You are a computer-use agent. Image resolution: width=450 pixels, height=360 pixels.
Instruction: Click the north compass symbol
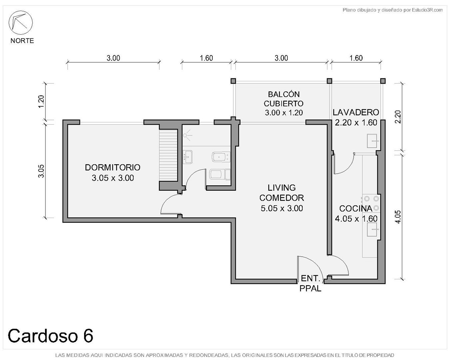click(20, 23)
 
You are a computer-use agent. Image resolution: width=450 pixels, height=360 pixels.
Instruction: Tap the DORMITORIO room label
click(113, 168)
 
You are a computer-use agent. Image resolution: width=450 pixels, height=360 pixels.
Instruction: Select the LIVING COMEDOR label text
click(281, 193)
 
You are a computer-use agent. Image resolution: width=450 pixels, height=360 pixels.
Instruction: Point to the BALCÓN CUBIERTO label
click(284, 99)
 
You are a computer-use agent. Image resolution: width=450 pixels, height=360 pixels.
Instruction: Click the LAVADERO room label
click(356, 113)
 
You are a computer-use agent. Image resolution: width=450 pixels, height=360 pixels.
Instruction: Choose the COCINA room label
click(356, 208)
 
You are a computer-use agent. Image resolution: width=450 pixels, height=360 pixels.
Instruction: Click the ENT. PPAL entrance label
click(310, 283)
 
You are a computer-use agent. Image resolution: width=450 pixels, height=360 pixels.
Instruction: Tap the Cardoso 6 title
click(50, 336)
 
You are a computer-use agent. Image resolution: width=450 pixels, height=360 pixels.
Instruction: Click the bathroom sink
click(188, 157)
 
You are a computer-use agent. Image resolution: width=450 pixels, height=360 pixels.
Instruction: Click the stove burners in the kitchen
click(371, 203)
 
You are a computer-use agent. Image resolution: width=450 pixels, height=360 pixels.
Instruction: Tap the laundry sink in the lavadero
click(372, 141)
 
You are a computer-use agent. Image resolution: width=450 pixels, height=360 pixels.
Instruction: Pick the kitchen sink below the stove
click(372, 229)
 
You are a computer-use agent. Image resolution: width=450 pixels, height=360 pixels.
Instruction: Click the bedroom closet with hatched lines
click(168, 155)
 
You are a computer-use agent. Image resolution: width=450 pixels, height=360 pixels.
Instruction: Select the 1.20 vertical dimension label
click(41, 102)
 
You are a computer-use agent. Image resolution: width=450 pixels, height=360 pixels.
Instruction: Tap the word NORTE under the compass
click(22, 41)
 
